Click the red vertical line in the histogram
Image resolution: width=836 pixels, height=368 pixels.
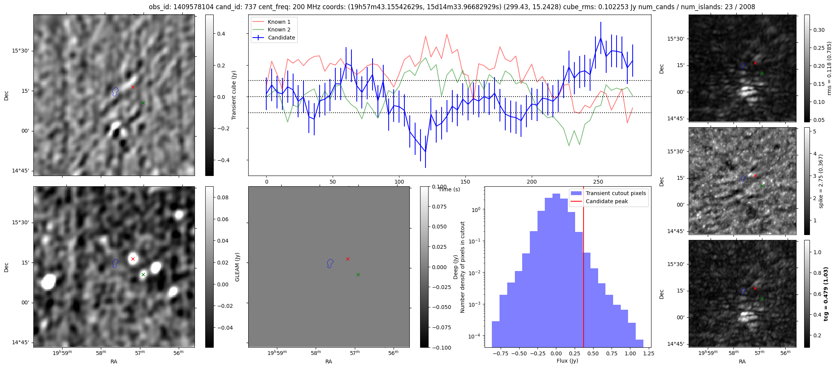click(x=584, y=287)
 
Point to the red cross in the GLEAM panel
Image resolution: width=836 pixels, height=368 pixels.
click(x=133, y=259)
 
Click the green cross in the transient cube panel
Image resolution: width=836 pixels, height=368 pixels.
click(x=143, y=103)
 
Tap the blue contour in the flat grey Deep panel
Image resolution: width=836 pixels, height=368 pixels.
click(x=330, y=263)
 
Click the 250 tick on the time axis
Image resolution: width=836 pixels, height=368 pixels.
click(x=598, y=182)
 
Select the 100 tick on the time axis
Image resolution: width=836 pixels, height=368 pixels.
click(x=399, y=182)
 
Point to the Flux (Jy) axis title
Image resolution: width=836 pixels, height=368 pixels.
click(x=567, y=361)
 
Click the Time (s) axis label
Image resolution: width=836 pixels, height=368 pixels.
click(x=449, y=189)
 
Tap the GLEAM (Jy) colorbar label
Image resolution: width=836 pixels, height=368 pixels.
click(x=237, y=267)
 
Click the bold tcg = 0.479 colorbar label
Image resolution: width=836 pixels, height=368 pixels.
click(x=826, y=294)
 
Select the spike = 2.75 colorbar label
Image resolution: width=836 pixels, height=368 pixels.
click(x=821, y=181)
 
